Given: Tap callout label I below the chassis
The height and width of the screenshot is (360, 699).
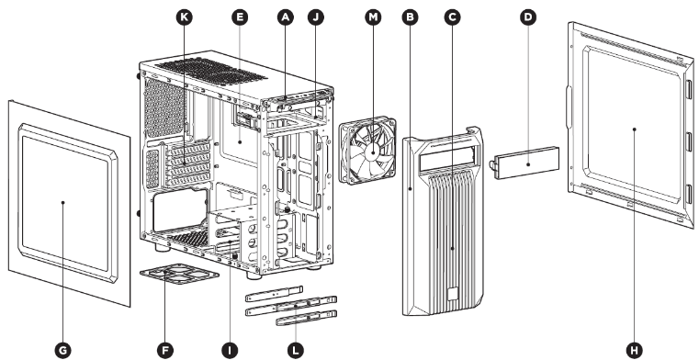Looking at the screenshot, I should (228, 348).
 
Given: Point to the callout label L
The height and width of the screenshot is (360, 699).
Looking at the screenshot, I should (293, 348).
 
